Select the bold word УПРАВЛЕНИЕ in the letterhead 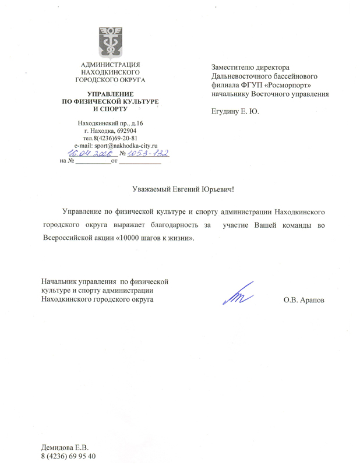(x=110, y=94)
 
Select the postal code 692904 (x=125, y=131)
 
